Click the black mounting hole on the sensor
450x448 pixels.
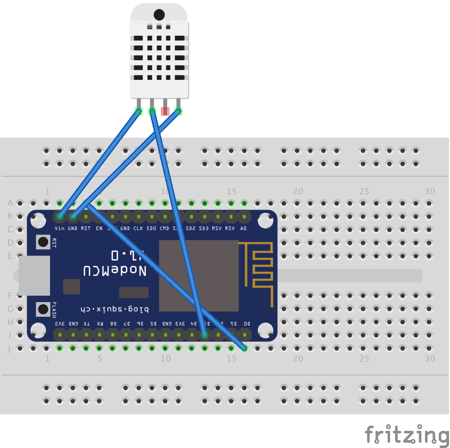(x=159, y=15)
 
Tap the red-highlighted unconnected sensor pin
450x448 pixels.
(x=165, y=111)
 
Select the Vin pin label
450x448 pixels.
(x=60, y=228)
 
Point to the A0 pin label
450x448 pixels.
(x=244, y=228)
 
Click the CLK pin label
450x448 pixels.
(x=139, y=228)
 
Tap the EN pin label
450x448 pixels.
(x=99, y=228)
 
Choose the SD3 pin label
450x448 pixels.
(x=204, y=228)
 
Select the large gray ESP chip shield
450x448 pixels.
(x=199, y=276)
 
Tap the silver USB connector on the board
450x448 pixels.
(x=34, y=276)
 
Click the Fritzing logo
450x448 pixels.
(x=407, y=435)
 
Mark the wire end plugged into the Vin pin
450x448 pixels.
(x=60, y=216)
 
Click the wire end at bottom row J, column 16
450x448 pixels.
(x=244, y=348)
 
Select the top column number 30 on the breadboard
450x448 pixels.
(x=430, y=191)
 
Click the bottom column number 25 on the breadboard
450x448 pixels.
(x=364, y=359)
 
